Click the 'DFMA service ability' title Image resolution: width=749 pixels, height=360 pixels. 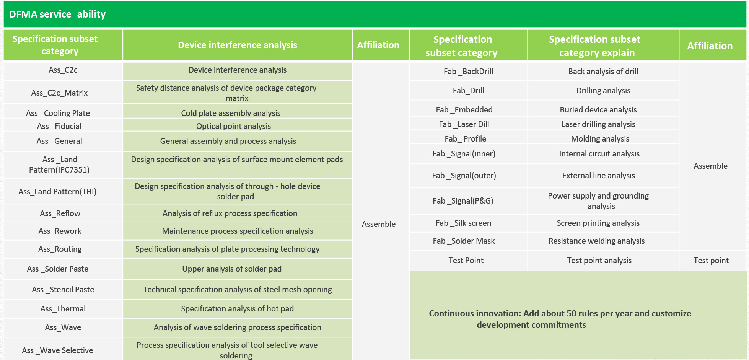pyautogui.click(x=57, y=15)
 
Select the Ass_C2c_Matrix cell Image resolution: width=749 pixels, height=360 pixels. pyautogui.click(x=59, y=93)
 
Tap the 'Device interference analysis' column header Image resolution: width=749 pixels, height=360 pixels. pyautogui.click(x=237, y=45)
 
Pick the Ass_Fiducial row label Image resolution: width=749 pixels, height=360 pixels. pyautogui.click(x=59, y=126)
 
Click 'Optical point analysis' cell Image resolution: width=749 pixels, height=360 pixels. pyautogui.click(x=233, y=126)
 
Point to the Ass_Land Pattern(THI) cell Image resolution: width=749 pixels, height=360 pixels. pyautogui.click(x=57, y=192)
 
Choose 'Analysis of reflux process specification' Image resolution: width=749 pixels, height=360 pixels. pyautogui.click(x=230, y=213)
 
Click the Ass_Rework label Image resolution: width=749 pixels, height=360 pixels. pyautogui.click(x=60, y=231)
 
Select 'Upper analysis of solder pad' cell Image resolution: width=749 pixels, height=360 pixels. pyautogui.click(x=231, y=269)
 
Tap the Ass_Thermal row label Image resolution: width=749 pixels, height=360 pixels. pyautogui.click(x=63, y=309)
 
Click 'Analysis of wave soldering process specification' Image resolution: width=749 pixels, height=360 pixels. pyautogui.click(x=237, y=327)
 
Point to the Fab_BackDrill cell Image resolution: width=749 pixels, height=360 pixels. pyautogui.click(x=468, y=72)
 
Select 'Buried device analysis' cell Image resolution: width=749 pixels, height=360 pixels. pyautogui.click(x=598, y=110)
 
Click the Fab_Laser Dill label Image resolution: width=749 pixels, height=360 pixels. pyautogui.click(x=464, y=124)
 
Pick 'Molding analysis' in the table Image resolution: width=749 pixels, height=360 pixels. pyautogui.click(x=600, y=139)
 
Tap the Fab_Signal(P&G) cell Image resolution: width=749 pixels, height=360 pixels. pyautogui.click(x=463, y=201)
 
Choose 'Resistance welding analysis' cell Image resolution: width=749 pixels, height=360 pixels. pyautogui.click(x=596, y=241)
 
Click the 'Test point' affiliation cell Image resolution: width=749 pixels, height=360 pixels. pyautogui.click(x=711, y=261)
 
